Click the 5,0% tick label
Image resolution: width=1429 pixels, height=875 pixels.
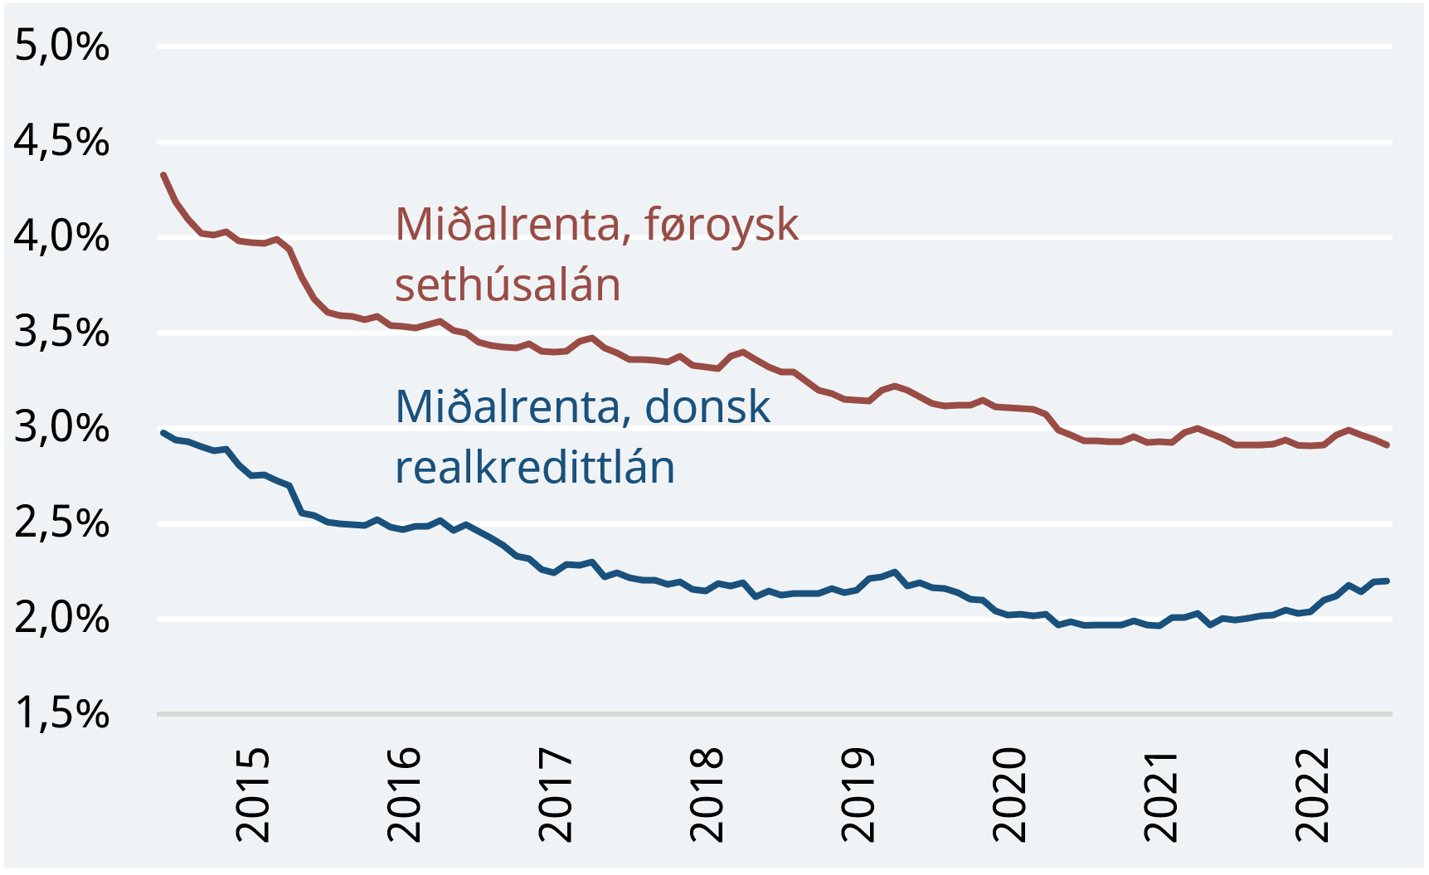coord(62,46)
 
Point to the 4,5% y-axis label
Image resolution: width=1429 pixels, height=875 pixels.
coord(62,142)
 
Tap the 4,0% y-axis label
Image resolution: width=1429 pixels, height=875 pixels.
coord(62,237)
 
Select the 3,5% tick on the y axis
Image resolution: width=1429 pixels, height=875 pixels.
coord(62,333)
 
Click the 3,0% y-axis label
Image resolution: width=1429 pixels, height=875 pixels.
coord(62,428)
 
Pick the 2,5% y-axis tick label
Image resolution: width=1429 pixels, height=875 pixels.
coord(62,523)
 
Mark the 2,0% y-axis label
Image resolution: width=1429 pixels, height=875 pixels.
coord(62,619)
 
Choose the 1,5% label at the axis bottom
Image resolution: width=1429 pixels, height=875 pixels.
coord(62,714)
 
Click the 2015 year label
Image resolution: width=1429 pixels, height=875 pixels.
coord(252,795)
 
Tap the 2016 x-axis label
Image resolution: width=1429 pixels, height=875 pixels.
coord(404,795)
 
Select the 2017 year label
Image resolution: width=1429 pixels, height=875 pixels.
coord(555,795)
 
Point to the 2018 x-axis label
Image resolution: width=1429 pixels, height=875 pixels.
coord(707,795)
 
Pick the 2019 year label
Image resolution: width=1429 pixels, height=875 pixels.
coord(858,795)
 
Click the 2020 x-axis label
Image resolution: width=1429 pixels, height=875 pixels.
coord(1009,795)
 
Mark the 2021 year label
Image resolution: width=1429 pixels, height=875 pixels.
coord(1160,795)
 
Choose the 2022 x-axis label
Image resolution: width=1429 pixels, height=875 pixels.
coord(1312,795)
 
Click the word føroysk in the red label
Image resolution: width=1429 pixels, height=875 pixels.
coord(721,225)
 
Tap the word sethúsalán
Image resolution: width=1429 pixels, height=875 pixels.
coord(508,285)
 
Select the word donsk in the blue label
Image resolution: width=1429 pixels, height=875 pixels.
coord(707,407)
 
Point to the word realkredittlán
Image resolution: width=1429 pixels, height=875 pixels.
coord(535,468)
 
